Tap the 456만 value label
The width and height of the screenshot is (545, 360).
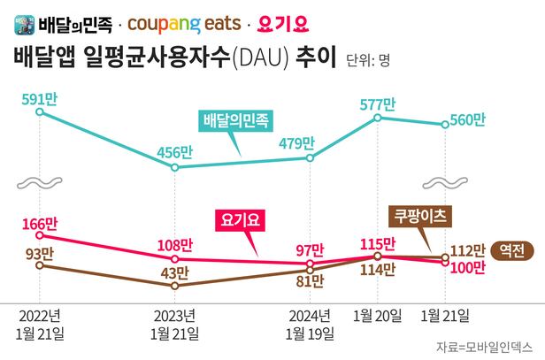(x=175, y=149)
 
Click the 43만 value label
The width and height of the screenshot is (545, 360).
(x=176, y=274)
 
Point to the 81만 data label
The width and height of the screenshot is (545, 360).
(x=310, y=281)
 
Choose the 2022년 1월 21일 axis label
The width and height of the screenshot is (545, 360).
(x=39, y=325)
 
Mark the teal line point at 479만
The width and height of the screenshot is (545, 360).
(x=311, y=157)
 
